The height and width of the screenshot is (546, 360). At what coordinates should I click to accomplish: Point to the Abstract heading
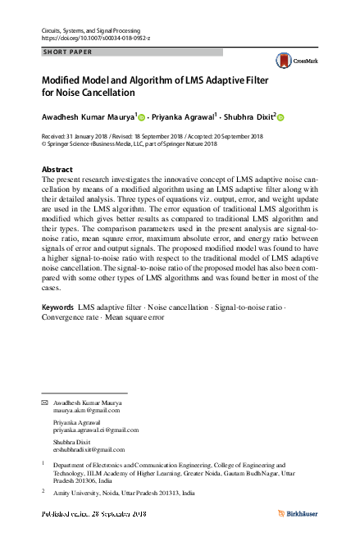coord(57,170)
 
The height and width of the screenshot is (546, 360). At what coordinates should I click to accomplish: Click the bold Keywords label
coord(57,307)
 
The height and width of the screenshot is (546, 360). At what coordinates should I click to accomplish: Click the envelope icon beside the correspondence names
coord(45,403)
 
